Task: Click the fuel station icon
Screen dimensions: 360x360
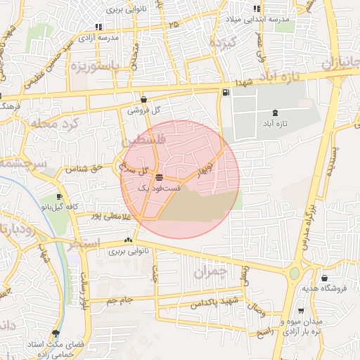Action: [225, 93]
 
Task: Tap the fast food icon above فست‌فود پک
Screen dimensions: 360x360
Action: [160, 177]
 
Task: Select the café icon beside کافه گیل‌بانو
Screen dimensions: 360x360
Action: [59, 196]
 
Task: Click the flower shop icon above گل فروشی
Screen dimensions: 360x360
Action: [144, 100]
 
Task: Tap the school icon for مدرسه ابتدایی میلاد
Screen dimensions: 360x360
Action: [257, 8]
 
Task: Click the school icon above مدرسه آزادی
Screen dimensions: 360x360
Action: [98, 26]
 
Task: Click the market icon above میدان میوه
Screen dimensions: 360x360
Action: [301, 310]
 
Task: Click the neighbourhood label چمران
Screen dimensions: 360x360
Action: [210, 270]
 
